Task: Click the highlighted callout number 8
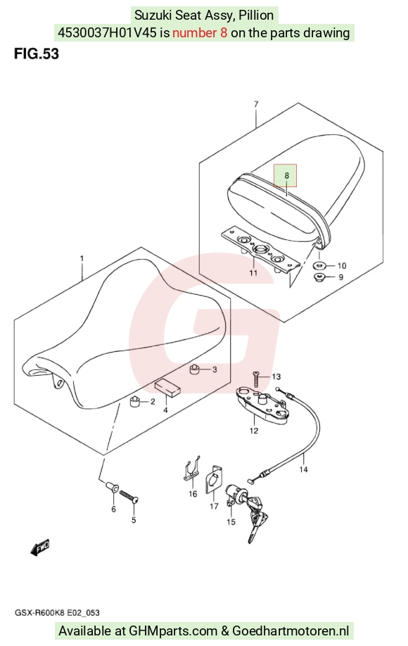click(286, 175)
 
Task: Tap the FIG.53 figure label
click(37, 54)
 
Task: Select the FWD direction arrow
click(40, 548)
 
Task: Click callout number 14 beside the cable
click(303, 469)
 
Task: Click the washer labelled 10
click(320, 265)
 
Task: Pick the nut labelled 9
click(320, 277)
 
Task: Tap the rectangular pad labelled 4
click(167, 388)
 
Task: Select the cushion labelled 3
click(194, 369)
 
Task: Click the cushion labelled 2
click(135, 401)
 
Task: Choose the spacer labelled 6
click(111, 486)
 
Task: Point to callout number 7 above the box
click(256, 104)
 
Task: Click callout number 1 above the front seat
click(82, 259)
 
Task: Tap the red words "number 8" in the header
click(200, 32)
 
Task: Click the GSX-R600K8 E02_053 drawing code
click(57, 613)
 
